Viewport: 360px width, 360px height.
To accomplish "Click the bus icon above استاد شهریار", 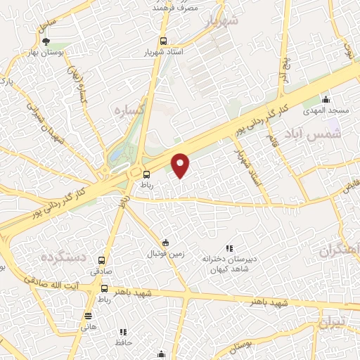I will tap(164, 41).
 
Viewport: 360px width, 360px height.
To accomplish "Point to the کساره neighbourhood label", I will tap(131, 111).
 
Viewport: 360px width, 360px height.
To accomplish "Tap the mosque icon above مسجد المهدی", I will tap(325, 99).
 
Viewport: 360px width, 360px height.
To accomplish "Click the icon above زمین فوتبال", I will tap(165, 243).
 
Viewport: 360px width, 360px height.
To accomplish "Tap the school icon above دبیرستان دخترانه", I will tap(228, 248).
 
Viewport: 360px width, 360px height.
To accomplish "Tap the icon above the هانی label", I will tap(88, 316).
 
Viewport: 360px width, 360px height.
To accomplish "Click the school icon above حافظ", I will tap(124, 331).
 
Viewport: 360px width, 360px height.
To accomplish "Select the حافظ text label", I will tap(124, 342).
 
